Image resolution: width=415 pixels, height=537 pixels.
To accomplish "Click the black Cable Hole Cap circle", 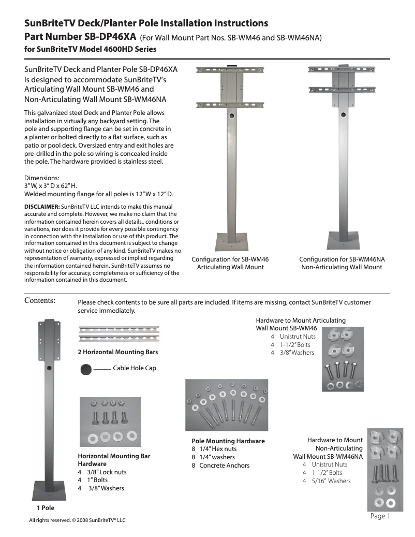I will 86,369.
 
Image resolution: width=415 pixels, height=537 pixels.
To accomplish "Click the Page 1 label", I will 380,516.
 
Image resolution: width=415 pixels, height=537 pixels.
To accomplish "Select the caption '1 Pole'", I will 46,507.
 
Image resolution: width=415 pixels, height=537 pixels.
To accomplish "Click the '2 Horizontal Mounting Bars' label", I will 117,352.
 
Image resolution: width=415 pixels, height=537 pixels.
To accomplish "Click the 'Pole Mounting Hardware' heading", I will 228,441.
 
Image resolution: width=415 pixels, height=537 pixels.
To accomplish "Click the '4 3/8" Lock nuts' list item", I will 102,472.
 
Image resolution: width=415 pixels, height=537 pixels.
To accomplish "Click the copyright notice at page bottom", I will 77,520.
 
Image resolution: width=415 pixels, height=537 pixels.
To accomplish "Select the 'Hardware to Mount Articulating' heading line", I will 301,321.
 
